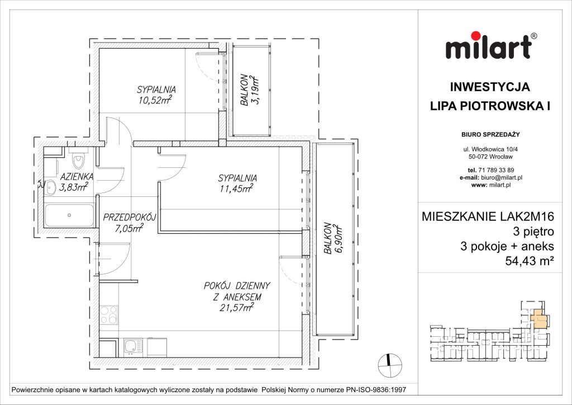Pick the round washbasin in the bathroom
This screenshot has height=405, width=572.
[51, 187]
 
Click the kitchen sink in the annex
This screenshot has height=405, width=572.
[132, 347]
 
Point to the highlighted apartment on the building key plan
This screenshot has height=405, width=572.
[538, 319]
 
